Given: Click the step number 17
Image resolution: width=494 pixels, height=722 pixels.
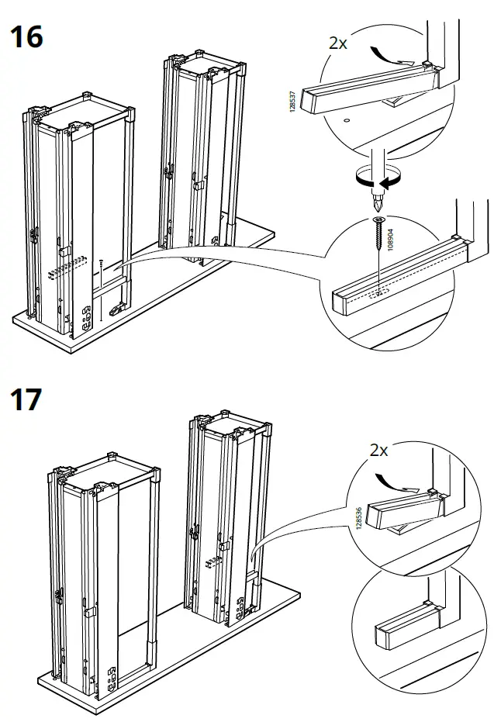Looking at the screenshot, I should click(x=26, y=400).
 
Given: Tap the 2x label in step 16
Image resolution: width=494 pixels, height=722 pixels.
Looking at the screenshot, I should click(x=338, y=43).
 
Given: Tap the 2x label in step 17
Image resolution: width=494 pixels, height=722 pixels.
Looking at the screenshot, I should click(x=379, y=451).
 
